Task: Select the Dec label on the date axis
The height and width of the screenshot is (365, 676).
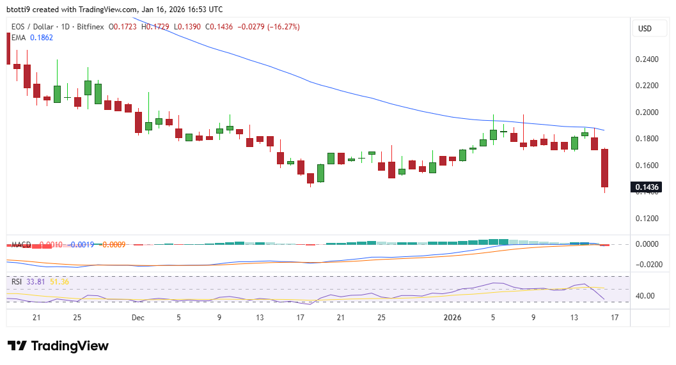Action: pyautogui.click(x=138, y=317)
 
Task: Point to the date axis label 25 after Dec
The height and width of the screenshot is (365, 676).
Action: pyautogui.click(x=381, y=317)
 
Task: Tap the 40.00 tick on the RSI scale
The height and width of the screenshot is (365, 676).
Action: pyautogui.click(x=646, y=296)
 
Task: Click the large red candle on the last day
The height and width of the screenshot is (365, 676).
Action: pyautogui.click(x=604, y=168)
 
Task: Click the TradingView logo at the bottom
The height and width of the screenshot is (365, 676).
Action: pyautogui.click(x=58, y=346)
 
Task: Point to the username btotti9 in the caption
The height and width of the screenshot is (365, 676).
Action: pyautogui.click(x=21, y=10)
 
